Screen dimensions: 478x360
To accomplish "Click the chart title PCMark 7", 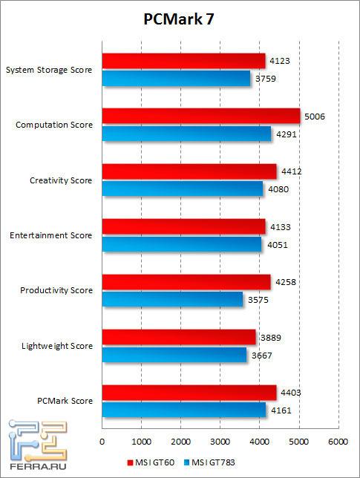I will click(x=179, y=20).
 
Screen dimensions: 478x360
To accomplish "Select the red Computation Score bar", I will click(x=200, y=117).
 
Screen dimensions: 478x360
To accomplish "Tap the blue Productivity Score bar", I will click(x=172, y=298).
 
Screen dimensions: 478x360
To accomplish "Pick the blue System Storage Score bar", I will click(x=176, y=78).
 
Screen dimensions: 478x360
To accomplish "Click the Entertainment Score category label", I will click(x=50, y=235).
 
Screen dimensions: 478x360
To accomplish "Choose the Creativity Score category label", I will click(x=61, y=180).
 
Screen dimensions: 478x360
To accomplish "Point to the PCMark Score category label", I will click(x=65, y=401).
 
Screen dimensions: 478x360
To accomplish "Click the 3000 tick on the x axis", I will click(x=220, y=439).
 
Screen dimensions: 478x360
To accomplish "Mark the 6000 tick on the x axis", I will click(x=338, y=439).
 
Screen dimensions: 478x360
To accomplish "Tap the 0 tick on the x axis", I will click(x=102, y=439).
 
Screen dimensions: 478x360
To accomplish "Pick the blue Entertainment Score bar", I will click(x=182, y=243).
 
